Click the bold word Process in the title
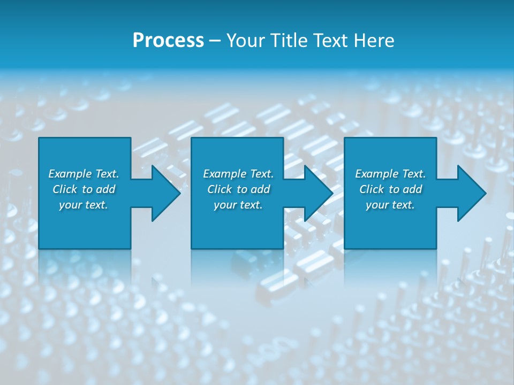point(168,41)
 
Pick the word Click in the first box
point(65,189)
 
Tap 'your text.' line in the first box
point(84,205)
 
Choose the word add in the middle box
point(260,189)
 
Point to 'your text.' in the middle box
point(238,205)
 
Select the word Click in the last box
point(372,189)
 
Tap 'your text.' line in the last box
point(390,205)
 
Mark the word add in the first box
point(105,189)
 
